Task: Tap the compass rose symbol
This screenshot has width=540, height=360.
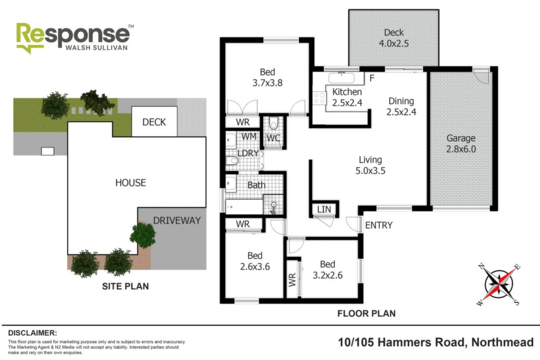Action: click(499, 284)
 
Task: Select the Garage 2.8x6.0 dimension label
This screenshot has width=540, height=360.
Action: click(461, 143)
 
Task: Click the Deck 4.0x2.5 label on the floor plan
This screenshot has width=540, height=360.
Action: click(393, 38)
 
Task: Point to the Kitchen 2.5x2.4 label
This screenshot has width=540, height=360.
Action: click(347, 97)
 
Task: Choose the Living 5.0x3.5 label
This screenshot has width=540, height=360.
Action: click(370, 165)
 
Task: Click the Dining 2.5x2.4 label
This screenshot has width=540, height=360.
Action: click(401, 106)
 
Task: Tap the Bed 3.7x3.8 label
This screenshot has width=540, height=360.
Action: click(267, 77)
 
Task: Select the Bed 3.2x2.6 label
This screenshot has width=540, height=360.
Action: click(327, 269)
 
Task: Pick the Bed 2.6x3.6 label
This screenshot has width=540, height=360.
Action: click(255, 261)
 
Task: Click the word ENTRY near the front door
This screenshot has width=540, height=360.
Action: click(379, 225)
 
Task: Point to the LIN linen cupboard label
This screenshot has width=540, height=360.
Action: click(324, 209)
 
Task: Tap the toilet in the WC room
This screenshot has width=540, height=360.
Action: click(274, 123)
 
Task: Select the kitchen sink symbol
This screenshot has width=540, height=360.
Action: click(341, 78)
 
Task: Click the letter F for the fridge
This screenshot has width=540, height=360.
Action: click(372, 78)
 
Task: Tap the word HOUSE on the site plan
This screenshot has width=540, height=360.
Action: click(131, 183)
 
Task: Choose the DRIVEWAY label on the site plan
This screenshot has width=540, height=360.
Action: click(177, 221)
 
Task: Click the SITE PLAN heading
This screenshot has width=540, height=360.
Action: click(126, 286)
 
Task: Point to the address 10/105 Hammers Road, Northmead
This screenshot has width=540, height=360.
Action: click(436, 343)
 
